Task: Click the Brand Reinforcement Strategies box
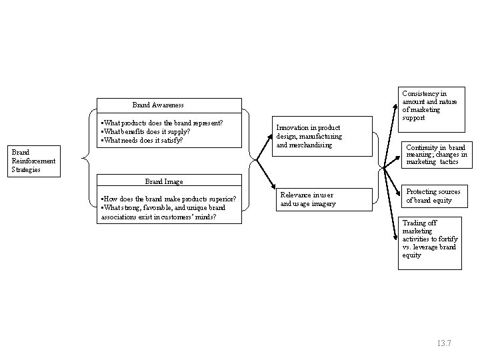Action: pyautogui.click(x=34, y=161)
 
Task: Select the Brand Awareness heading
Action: pyautogui.click(x=158, y=105)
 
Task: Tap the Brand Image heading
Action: pyautogui.click(x=164, y=181)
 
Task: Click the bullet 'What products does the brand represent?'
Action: pyautogui.click(x=162, y=123)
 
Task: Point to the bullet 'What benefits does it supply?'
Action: pyautogui.click(x=145, y=131)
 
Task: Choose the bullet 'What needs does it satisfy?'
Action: pyautogui.click(x=142, y=140)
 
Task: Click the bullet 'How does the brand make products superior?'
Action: pyautogui.click(x=169, y=199)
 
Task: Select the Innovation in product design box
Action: pyautogui.click(x=323, y=136)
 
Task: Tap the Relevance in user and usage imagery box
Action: pyautogui.click(x=324, y=199)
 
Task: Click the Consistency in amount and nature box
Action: pyautogui.click(x=431, y=109)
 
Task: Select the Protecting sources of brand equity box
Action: pyautogui.click(x=435, y=196)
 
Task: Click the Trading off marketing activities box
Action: pyautogui.click(x=430, y=243)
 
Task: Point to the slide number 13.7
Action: pyautogui.click(x=444, y=343)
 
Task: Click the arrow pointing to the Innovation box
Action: pyautogui.click(x=265, y=147)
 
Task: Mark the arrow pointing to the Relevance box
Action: pyautogui.click(x=266, y=175)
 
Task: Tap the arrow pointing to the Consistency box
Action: pyautogui.click(x=391, y=135)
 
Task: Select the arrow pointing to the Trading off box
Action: pyautogui.click(x=390, y=204)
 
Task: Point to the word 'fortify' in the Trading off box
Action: pyautogui.click(x=448, y=239)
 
